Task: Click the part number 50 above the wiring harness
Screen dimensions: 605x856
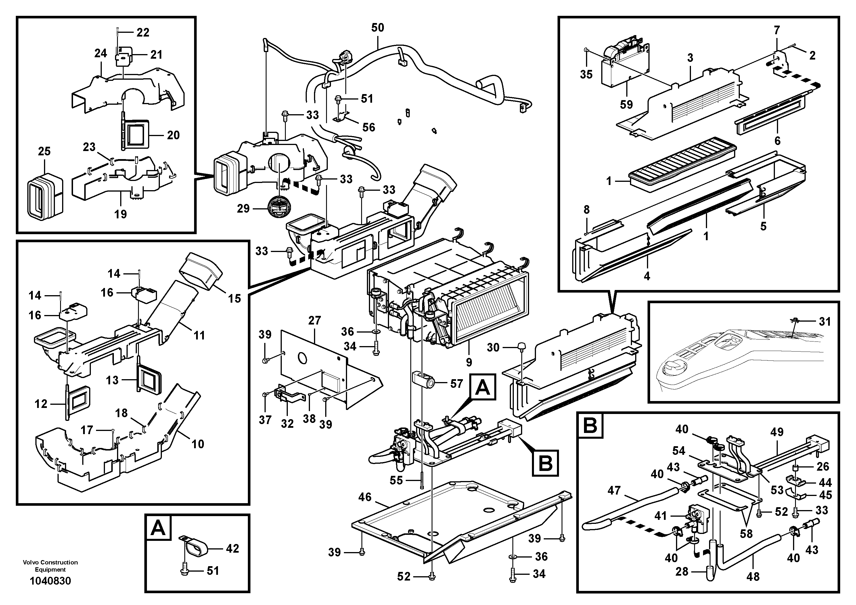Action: click(378, 28)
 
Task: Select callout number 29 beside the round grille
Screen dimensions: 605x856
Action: click(243, 209)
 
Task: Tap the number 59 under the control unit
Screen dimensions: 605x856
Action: click(626, 104)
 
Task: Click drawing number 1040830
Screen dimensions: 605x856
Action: click(50, 581)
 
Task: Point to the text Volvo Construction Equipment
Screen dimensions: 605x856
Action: click(50, 566)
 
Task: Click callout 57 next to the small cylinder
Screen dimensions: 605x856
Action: click(456, 383)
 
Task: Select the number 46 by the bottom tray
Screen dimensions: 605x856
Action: click(365, 497)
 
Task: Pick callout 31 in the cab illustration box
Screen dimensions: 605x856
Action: click(825, 322)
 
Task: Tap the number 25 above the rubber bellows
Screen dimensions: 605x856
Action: click(44, 151)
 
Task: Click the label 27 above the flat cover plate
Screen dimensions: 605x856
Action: click(315, 320)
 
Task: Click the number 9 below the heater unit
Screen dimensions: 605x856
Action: click(469, 362)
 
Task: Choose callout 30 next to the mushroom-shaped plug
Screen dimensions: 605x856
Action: click(493, 347)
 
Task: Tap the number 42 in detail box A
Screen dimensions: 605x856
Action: click(232, 548)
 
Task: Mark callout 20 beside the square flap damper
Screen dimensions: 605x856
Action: click(173, 135)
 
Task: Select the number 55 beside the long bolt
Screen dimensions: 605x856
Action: click(396, 480)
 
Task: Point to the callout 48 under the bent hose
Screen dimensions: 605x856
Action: click(753, 577)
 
